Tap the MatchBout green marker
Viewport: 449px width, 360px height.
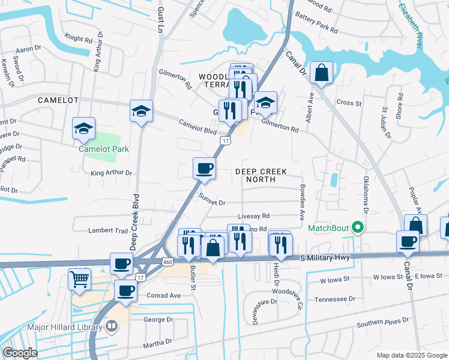(358, 227)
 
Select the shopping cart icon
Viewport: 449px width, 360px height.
(80, 278)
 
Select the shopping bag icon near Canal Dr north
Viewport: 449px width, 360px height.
(322, 73)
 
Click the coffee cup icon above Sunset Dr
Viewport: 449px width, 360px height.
(204, 167)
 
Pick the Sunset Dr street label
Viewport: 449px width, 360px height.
(212, 203)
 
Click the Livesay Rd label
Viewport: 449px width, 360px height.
(254, 216)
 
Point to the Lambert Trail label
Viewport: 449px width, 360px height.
(92, 230)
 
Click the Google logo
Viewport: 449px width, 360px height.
(20, 353)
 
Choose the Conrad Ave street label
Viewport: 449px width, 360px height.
(162, 295)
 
